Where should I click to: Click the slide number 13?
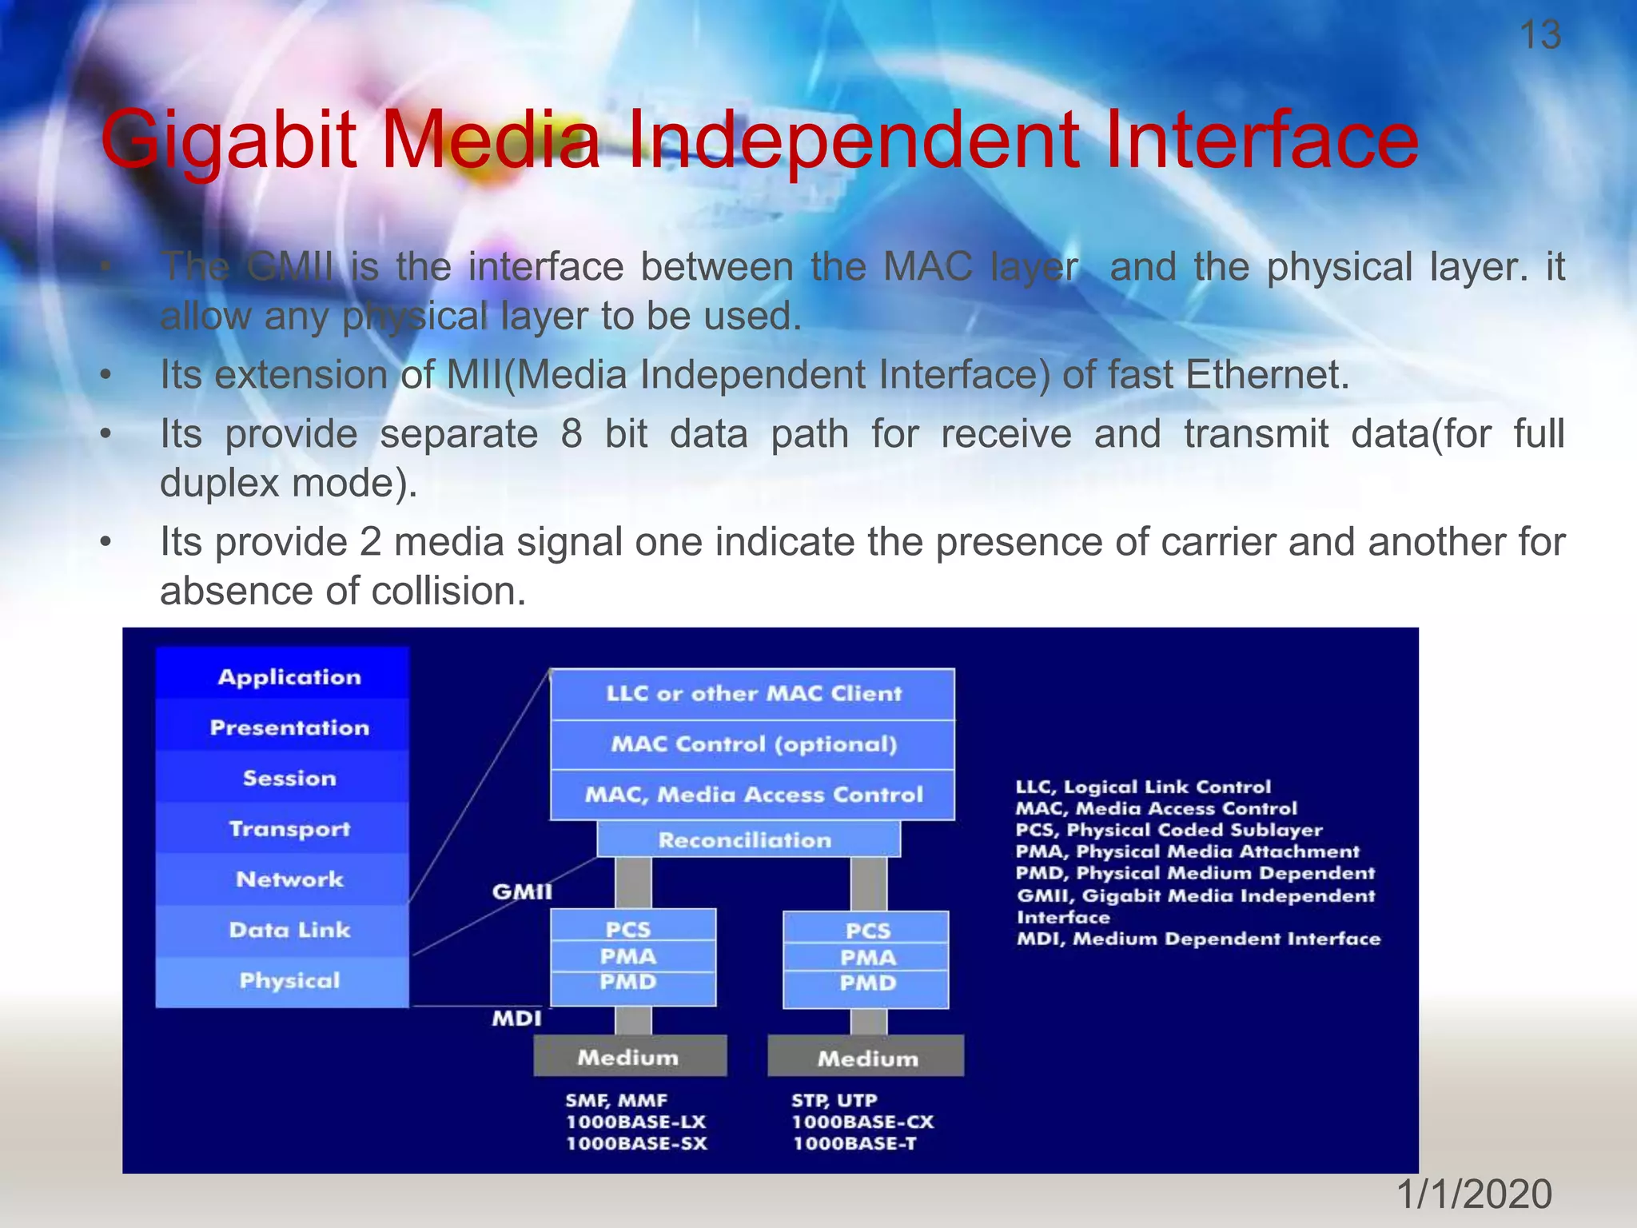click(1539, 35)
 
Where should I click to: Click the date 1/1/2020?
click(1473, 1194)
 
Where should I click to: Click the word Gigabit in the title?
click(229, 141)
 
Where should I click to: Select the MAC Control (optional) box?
click(753, 744)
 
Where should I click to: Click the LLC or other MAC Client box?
click(753, 693)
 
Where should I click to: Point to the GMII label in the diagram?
click(521, 891)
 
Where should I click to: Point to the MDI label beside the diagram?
click(516, 1018)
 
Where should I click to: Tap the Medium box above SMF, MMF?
click(630, 1057)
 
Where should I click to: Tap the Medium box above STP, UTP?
click(866, 1058)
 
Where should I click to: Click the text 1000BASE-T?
click(854, 1144)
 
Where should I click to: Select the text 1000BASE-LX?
click(636, 1122)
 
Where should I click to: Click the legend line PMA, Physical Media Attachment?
click(1186, 851)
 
